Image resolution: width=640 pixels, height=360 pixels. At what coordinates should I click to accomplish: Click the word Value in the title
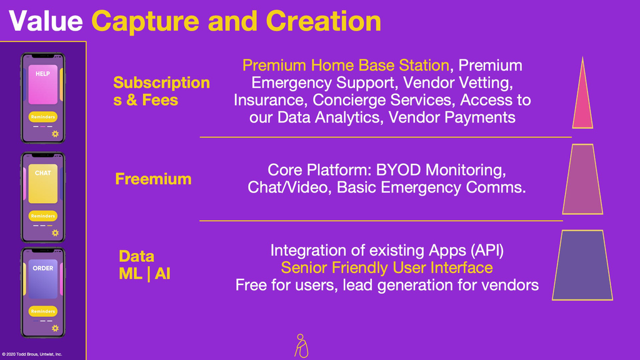46,21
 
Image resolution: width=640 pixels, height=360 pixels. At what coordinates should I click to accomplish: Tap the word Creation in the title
323,21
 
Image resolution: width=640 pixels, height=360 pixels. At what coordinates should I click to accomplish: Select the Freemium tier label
153,179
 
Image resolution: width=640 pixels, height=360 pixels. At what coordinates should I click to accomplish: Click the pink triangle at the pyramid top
582,93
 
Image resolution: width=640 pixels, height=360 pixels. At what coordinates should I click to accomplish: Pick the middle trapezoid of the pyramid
582,179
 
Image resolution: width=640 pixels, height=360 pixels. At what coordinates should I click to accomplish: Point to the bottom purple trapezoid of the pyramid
582,265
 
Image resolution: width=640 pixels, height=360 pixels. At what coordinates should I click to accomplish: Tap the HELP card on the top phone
43,84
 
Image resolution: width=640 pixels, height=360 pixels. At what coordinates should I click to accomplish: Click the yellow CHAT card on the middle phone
43,184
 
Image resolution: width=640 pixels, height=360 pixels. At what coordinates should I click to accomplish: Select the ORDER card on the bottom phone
43,279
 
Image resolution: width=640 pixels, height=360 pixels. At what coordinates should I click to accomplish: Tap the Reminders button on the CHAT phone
43,216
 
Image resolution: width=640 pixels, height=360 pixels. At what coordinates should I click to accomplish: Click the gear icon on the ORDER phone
55,328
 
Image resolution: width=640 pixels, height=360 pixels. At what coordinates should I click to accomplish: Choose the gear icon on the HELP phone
55,134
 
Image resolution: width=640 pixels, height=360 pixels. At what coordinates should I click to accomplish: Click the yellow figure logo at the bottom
301,346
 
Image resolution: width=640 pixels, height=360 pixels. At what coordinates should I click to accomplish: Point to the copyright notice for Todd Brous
32,354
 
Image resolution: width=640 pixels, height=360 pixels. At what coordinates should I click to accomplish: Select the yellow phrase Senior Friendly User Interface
387,267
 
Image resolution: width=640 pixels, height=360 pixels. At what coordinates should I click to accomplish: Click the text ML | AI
144,274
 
